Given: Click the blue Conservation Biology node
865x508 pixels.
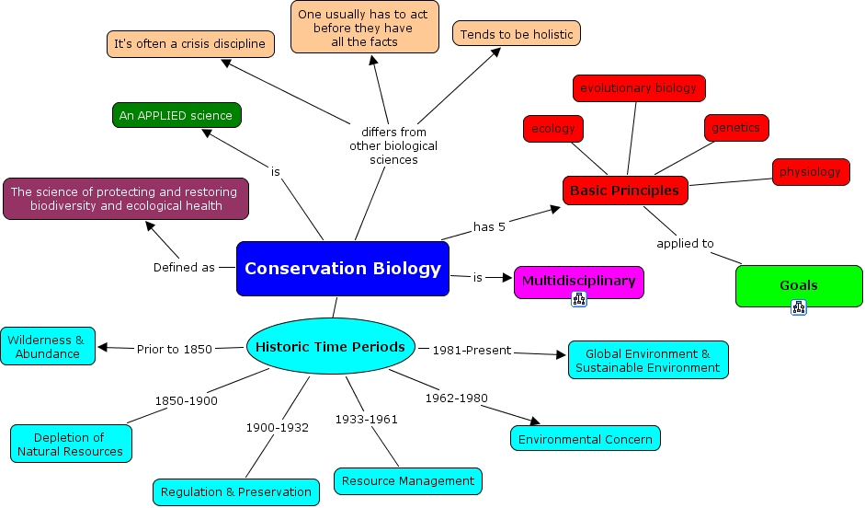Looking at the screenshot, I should coord(342,269).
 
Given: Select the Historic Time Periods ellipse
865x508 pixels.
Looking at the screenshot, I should coord(330,347).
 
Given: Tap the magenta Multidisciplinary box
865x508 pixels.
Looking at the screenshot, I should coord(578,281).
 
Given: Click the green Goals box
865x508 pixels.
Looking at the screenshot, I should coord(798,285).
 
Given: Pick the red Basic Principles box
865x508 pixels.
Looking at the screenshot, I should coord(624,190).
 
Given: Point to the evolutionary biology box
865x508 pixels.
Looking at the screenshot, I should coord(638,88).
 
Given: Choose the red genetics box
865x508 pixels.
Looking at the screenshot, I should coord(735,128).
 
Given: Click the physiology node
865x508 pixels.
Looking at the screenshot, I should coord(810,172).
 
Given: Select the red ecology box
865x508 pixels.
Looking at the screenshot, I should coord(553,129).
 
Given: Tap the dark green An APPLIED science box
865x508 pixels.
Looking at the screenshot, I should coord(175,116).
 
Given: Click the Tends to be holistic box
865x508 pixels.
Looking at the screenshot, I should coord(516,34).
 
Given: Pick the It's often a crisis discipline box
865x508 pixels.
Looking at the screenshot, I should coord(189,43).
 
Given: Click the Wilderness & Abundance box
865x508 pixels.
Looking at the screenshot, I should coord(47,346).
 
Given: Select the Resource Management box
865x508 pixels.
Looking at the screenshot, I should coord(407,480).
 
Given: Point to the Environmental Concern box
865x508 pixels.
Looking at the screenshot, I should coord(585,439).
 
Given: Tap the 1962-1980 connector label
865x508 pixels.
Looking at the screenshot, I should coord(456,398).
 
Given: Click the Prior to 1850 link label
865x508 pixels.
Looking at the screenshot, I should coord(174,349).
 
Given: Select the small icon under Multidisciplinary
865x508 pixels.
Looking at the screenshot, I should coord(578,299).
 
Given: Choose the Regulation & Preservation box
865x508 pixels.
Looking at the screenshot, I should coord(236,491).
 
